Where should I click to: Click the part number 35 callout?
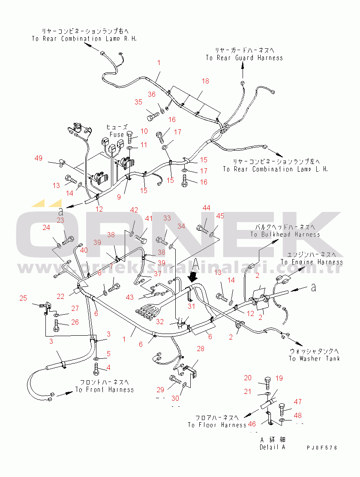[x=138, y=102]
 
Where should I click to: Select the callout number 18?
[x=205, y=81]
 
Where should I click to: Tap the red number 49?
[x=39, y=158]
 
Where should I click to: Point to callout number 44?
[x=207, y=208]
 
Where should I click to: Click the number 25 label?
[x=23, y=298]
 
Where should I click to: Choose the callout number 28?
[x=201, y=349]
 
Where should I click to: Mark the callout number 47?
[x=297, y=402]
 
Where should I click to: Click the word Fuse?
[x=117, y=134]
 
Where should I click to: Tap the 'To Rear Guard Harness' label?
[x=244, y=57]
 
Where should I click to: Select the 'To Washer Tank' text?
[x=314, y=358]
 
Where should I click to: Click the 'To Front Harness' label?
[x=105, y=390]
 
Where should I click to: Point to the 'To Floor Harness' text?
[x=217, y=425]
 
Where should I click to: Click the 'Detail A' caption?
[x=272, y=447]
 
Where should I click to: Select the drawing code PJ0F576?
[x=322, y=447]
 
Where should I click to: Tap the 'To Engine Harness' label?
[x=312, y=262]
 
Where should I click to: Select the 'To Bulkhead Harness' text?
[x=285, y=234]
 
